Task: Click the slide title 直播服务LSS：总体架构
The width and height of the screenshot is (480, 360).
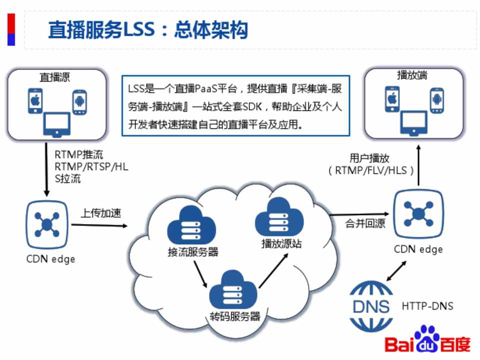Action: click(x=148, y=30)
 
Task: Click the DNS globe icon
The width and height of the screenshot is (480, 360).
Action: click(x=370, y=306)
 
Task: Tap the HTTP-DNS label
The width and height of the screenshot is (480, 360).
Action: click(x=427, y=306)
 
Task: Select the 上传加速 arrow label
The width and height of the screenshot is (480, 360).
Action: click(x=101, y=213)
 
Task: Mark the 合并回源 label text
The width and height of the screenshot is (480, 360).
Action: click(x=365, y=224)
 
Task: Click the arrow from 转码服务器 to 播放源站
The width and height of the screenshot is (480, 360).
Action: click(x=274, y=270)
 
